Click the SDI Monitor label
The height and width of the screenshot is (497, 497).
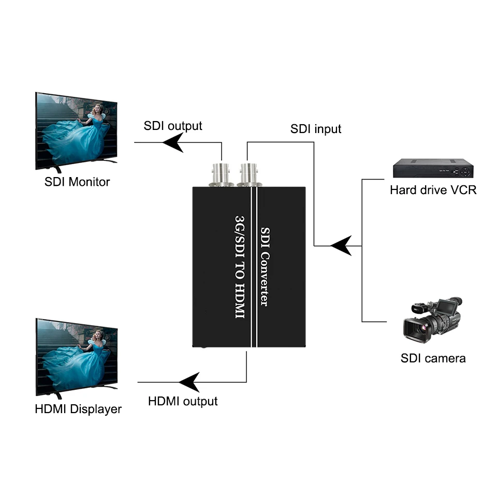[77, 182]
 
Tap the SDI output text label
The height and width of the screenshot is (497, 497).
[173, 125]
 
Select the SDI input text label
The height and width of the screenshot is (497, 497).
[316, 128]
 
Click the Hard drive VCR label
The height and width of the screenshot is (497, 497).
[433, 190]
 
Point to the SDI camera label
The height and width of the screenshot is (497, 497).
[433, 358]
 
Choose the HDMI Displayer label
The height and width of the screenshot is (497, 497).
[78, 408]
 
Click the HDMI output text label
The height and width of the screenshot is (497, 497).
[183, 401]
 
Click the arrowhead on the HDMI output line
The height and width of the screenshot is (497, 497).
[189, 383]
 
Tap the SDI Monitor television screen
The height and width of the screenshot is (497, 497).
[77, 131]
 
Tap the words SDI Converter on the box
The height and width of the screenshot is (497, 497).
[265, 266]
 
